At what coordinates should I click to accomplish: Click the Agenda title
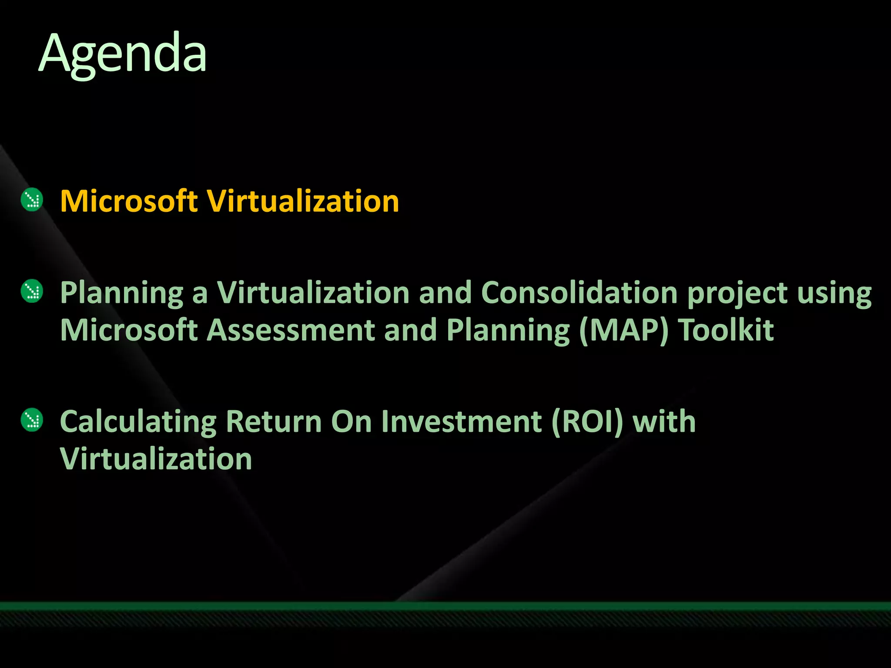(123, 54)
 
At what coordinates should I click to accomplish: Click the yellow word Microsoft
(129, 201)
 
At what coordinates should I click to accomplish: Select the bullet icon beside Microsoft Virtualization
(32, 200)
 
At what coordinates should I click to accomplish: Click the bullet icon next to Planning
(32, 291)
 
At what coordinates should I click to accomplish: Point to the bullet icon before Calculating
(32, 420)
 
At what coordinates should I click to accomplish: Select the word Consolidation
(579, 292)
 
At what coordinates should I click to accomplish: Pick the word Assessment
(290, 330)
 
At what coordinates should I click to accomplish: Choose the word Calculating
(138, 422)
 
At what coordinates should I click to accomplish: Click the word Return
(274, 421)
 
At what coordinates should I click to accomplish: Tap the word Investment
(461, 421)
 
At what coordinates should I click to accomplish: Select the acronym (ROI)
(587, 422)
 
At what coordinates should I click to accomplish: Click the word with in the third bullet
(664, 421)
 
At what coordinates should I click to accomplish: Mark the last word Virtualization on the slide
(156, 459)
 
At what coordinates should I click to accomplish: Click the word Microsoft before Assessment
(129, 330)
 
